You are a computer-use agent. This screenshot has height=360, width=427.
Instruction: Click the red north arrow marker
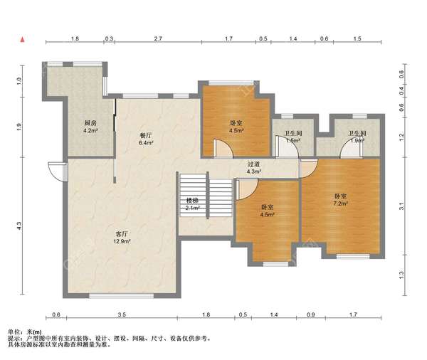pyautogui.click(x=23, y=40)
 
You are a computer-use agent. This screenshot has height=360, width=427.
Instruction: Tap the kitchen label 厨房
pyautogui.click(x=90, y=123)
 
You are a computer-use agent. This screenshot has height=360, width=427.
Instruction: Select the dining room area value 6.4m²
pyautogui.click(x=146, y=142)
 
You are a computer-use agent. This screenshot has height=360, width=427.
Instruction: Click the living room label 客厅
pyautogui.click(x=122, y=234)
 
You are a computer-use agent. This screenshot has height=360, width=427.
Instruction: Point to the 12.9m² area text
pyautogui.click(x=122, y=241)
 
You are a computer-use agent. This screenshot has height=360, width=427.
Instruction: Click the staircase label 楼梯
pyautogui.click(x=192, y=201)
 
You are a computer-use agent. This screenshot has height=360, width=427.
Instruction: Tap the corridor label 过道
pyautogui.click(x=253, y=164)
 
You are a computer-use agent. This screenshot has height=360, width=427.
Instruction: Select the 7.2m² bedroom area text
pyautogui.click(x=340, y=203)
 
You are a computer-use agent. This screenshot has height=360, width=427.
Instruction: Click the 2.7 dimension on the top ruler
pyautogui.click(x=158, y=38)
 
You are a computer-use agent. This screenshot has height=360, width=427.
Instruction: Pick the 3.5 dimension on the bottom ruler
pyautogui.click(x=122, y=314)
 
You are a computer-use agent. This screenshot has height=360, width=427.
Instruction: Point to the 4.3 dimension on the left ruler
pyautogui.click(x=19, y=226)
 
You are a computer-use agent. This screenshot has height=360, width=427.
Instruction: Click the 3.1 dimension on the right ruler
pyautogui.click(x=401, y=206)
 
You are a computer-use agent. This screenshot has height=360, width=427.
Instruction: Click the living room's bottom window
pyautogui.click(x=121, y=296)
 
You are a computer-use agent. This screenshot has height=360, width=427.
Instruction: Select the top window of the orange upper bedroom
pyautogui.click(x=231, y=83)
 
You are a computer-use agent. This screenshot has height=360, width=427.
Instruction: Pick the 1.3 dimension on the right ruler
pyautogui.click(x=401, y=275)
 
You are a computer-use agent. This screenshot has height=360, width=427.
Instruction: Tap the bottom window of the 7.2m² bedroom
pyautogui.click(x=353, y=256)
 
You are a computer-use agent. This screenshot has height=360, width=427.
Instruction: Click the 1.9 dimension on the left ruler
pyautogui.click(x=19, y=127)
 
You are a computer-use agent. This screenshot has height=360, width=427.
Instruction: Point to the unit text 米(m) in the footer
pyautogui.click(x=33, y=332)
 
